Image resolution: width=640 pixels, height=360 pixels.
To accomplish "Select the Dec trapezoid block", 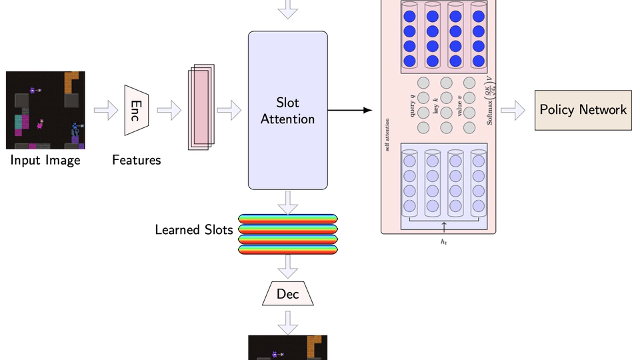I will tap(288, 294).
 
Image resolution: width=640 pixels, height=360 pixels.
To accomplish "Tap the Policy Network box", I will tap(583, 110).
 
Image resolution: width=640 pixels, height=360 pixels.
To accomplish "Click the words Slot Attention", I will tap(288, 111).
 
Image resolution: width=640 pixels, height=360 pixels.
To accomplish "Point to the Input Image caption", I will tap(45, 160).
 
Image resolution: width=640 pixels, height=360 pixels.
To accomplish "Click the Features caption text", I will tap(136, 160).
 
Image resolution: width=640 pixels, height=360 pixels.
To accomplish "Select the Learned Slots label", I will tap(194, 230).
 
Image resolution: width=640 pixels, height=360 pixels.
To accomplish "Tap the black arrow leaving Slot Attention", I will tap(349, 110).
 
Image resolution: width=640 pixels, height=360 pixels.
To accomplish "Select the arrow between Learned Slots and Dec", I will tap(288, 266).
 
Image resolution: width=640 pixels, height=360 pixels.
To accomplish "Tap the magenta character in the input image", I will tap(41, 123).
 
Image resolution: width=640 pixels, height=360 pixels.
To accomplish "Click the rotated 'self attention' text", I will tap(388, 134).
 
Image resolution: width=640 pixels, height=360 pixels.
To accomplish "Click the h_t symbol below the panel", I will tap(443, 241).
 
